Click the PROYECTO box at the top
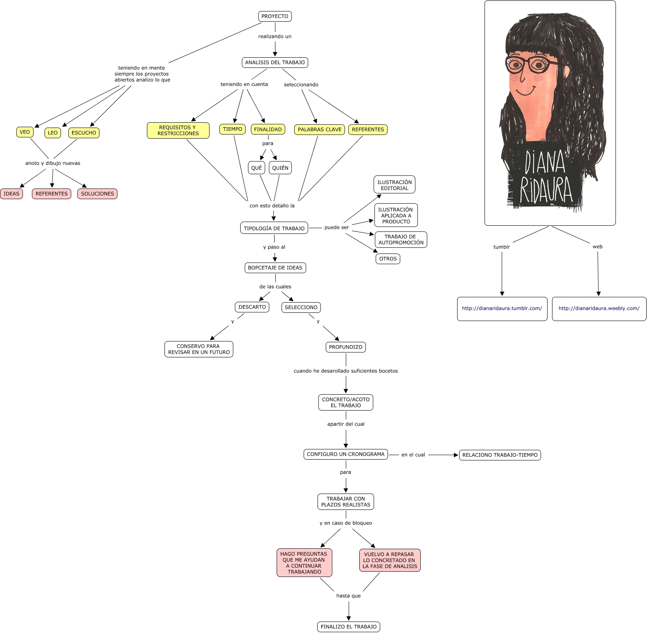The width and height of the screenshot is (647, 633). coord(275,16)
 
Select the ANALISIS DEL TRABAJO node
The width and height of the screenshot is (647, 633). coord(275,63)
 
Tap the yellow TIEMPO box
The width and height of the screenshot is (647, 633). coord(232,129)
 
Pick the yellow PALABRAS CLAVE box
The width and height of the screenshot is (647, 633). coord(319,130)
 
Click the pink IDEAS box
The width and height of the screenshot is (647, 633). coord(11,194)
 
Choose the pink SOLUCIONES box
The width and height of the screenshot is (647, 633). coord(97,194)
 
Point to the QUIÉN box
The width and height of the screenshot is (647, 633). coord(280,168)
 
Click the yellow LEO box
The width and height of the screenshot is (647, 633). coord(53,132)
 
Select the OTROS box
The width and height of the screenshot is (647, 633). coord(388,259)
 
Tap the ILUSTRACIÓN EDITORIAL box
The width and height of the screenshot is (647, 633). coord(395,185)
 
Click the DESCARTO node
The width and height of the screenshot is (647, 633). coord(252,307)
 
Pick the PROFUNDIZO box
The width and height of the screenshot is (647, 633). coord(345,347)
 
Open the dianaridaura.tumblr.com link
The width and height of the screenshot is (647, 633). coord(502,308)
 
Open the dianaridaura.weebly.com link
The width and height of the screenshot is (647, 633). coord(599,308)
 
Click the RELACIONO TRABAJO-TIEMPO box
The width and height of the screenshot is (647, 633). coord(500,455)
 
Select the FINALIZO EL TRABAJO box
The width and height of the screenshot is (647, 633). coord(349,627)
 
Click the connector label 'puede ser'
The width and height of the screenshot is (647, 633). coord(336,227)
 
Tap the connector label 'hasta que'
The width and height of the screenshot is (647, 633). coord(348,596)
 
